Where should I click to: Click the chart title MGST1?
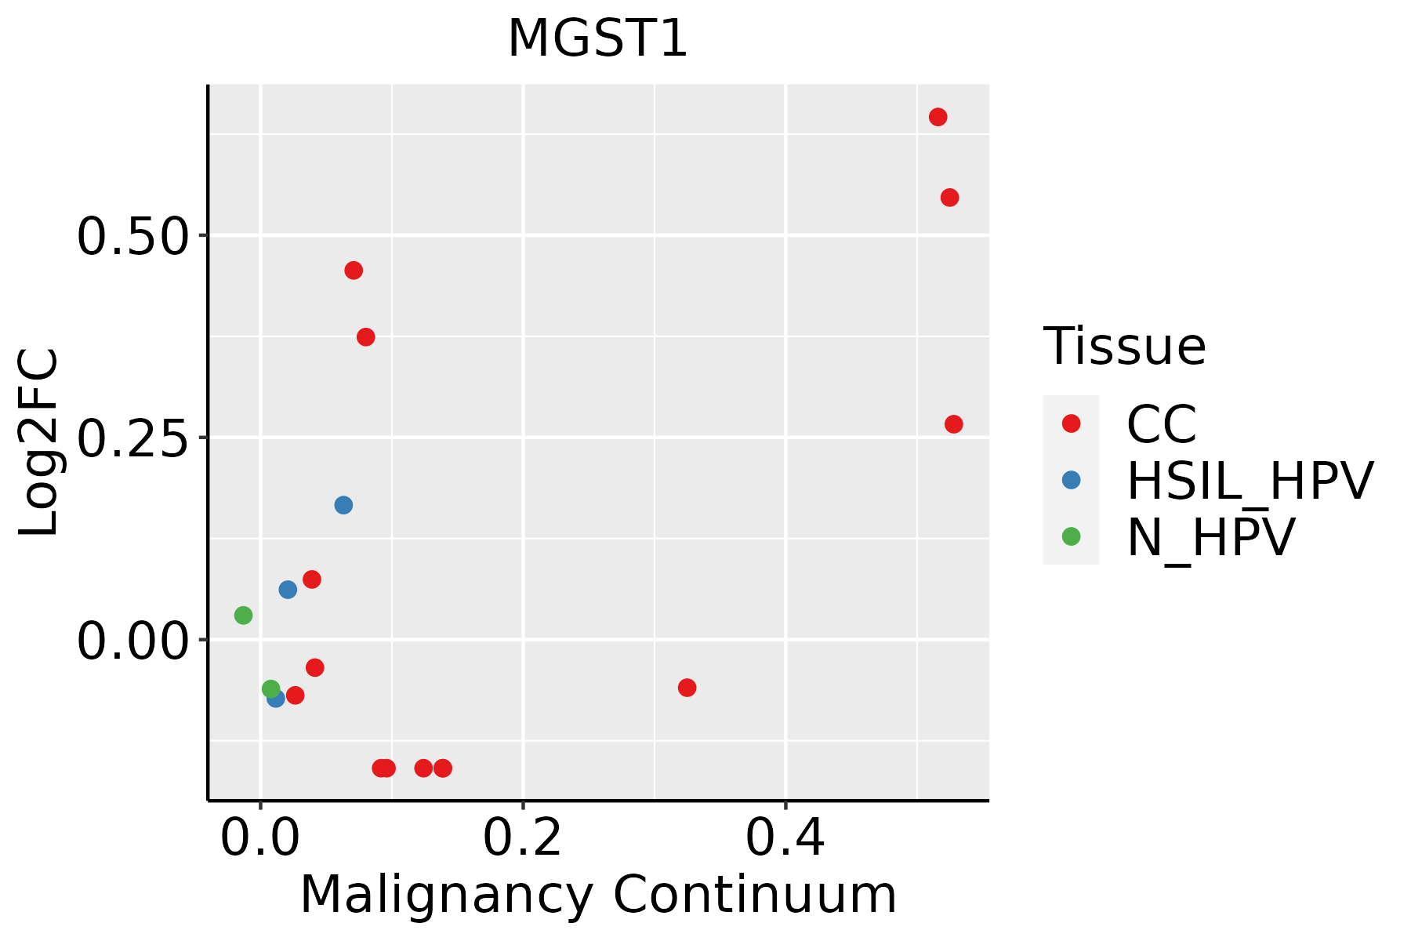point(597,39)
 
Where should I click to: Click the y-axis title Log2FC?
point(39,442)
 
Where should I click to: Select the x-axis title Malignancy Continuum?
point(597,895)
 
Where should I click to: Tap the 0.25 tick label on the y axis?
point(133,438)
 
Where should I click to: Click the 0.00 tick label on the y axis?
point(133,641)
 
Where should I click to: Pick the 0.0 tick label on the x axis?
point(259,837)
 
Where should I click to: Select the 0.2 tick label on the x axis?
point(522,837)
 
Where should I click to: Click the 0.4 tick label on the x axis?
point(785,837)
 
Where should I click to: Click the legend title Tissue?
point(1124,346)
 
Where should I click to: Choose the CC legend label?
point(1161,424)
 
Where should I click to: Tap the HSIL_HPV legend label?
point(1250,481)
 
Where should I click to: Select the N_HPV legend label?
point(1210,537)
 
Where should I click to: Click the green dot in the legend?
point(1071,536)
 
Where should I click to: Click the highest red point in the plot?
point(938,118)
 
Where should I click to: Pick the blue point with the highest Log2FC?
point(343,505)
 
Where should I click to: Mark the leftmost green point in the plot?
point(243,616)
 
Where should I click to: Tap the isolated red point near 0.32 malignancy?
point(687,688)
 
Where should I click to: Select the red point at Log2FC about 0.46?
point(354,271)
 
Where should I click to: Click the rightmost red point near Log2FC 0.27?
point(953,424)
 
